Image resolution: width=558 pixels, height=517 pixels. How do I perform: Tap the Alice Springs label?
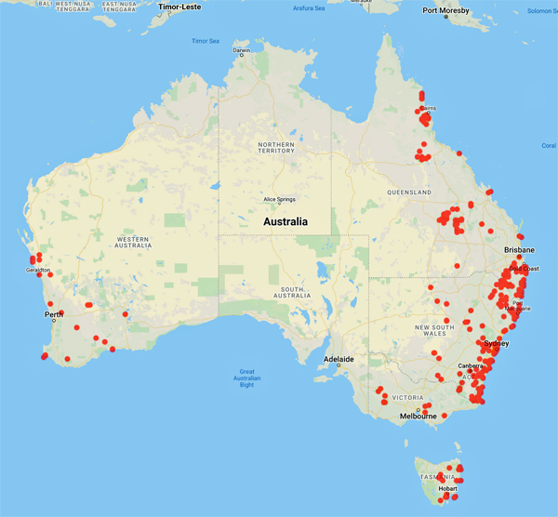282,199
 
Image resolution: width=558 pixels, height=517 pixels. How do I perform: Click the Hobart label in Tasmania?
447,488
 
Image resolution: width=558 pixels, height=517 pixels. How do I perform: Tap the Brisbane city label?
519,251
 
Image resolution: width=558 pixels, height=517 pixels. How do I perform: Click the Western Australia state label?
133,243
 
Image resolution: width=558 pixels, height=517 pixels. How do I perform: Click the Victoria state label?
408,394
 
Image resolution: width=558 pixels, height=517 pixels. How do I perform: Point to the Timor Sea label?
206,41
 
